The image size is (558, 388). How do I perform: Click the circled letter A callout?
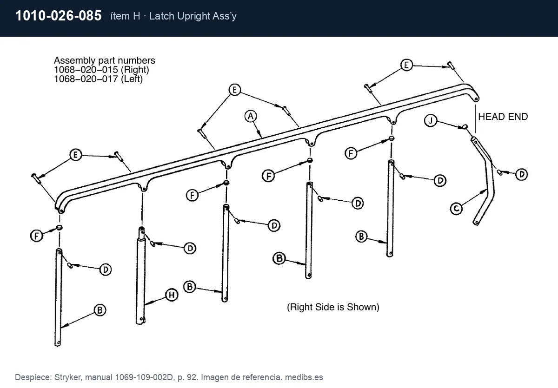pos(251,116)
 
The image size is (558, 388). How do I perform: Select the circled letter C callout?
pos(456,209)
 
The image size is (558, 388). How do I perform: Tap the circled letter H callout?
pos(172,295)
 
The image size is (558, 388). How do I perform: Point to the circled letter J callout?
pos(431,121)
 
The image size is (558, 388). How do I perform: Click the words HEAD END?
pos(503,117)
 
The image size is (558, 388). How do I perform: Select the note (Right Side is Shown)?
pos(333,307)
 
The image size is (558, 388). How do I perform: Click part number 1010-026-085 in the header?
pos(58,15)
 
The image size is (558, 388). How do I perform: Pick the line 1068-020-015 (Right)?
pos(101,70)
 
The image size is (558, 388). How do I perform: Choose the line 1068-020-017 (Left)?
pos(99,79)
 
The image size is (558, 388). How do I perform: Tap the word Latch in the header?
pos(162,16)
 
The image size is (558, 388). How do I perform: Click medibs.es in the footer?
pos(304,377)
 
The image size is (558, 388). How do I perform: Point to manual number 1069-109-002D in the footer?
pos(144,377)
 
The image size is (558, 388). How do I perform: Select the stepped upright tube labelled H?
pos(140,275)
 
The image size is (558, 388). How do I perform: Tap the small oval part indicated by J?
pos(465,127)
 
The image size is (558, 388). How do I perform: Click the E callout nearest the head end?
pos(406,65)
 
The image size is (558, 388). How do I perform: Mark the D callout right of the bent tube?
pos(521,174)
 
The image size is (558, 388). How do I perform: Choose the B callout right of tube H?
pos(190,287)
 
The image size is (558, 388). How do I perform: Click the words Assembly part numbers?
pos(105,60)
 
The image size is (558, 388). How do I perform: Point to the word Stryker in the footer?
pos(68,377)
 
